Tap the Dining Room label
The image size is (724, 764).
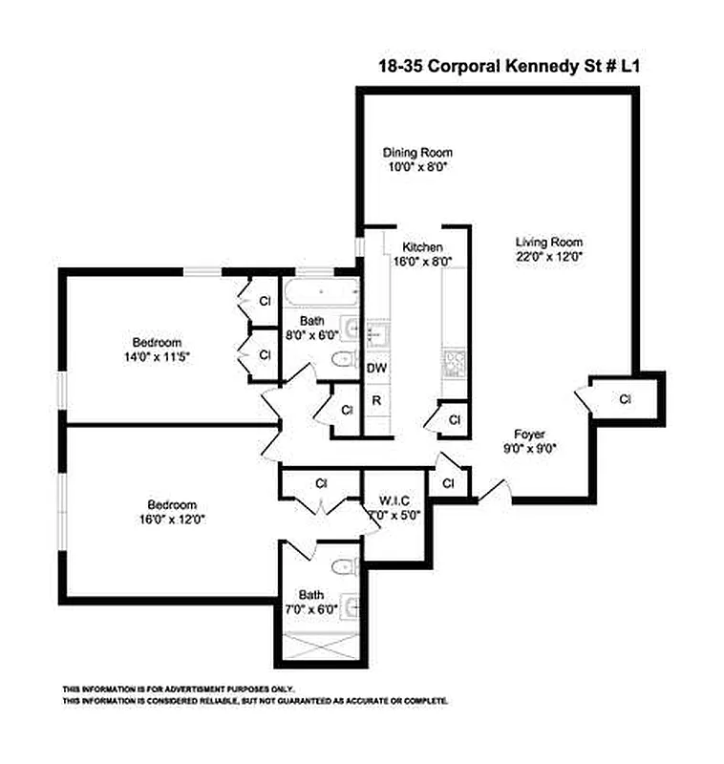point(417,152)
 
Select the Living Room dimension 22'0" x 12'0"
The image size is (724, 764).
point(549,256)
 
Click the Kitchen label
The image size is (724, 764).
point(421,246)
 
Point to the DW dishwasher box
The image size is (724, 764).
point(376,368)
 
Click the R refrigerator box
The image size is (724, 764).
point(376,400)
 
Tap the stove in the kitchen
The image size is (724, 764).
point(451,363)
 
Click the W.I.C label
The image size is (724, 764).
point(393,500)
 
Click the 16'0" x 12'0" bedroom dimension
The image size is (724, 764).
point(171,520)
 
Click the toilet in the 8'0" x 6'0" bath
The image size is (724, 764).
point(342,359)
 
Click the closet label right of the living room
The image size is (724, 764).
point(625,398)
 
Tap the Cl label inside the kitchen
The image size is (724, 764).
point(455,419)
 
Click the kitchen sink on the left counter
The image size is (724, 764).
point(375,332)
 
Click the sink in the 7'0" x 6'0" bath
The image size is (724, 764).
point(351,605)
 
